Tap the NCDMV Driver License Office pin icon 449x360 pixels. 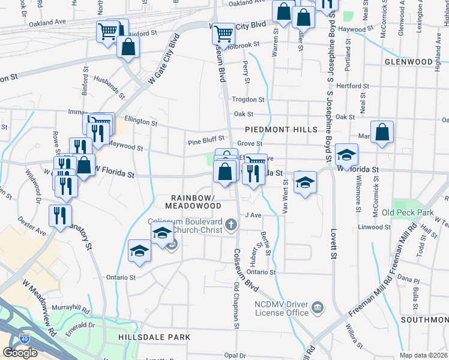coord(317,310)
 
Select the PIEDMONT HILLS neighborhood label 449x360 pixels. coord(276,130)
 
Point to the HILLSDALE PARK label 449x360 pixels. coord(154,337)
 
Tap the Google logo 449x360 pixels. coord(20,352)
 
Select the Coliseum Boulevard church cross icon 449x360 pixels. coord(231,225)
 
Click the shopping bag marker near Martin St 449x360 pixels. coord(382,133)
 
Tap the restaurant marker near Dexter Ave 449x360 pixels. coord(60,215)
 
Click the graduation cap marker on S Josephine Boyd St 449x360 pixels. coord(346,155)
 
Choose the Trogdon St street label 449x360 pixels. coord(248,100)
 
